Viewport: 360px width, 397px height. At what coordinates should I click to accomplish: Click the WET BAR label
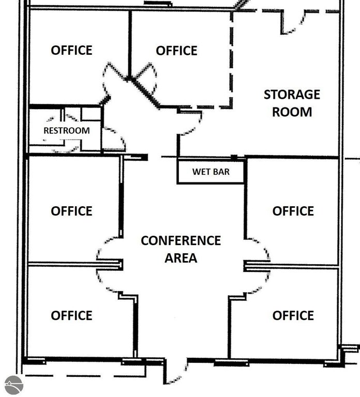point(211,172)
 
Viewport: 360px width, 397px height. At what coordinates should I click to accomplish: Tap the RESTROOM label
point(67,130)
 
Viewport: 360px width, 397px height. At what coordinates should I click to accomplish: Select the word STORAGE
point(292,95)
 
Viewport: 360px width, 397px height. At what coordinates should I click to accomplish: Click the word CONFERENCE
point(181,240)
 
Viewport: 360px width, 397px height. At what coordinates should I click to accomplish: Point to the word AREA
point(181,258)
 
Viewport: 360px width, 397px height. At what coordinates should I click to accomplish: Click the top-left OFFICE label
point(71,50)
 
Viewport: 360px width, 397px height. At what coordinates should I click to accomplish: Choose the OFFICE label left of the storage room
point(176,51)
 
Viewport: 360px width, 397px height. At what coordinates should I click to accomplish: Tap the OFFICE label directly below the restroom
point(71,211)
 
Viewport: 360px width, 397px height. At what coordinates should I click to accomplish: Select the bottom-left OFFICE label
point(71,315)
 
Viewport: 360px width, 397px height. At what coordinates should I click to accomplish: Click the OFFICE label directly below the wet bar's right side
point(293,211)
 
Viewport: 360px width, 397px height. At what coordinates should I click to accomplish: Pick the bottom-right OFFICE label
point(293,315)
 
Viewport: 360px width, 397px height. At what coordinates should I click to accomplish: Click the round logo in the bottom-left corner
point(14,385)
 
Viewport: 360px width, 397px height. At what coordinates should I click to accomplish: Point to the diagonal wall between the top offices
point(143,93)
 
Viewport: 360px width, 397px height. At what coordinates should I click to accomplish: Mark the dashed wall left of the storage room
point(231,59)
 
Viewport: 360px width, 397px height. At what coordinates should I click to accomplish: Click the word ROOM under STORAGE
point(292,112)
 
